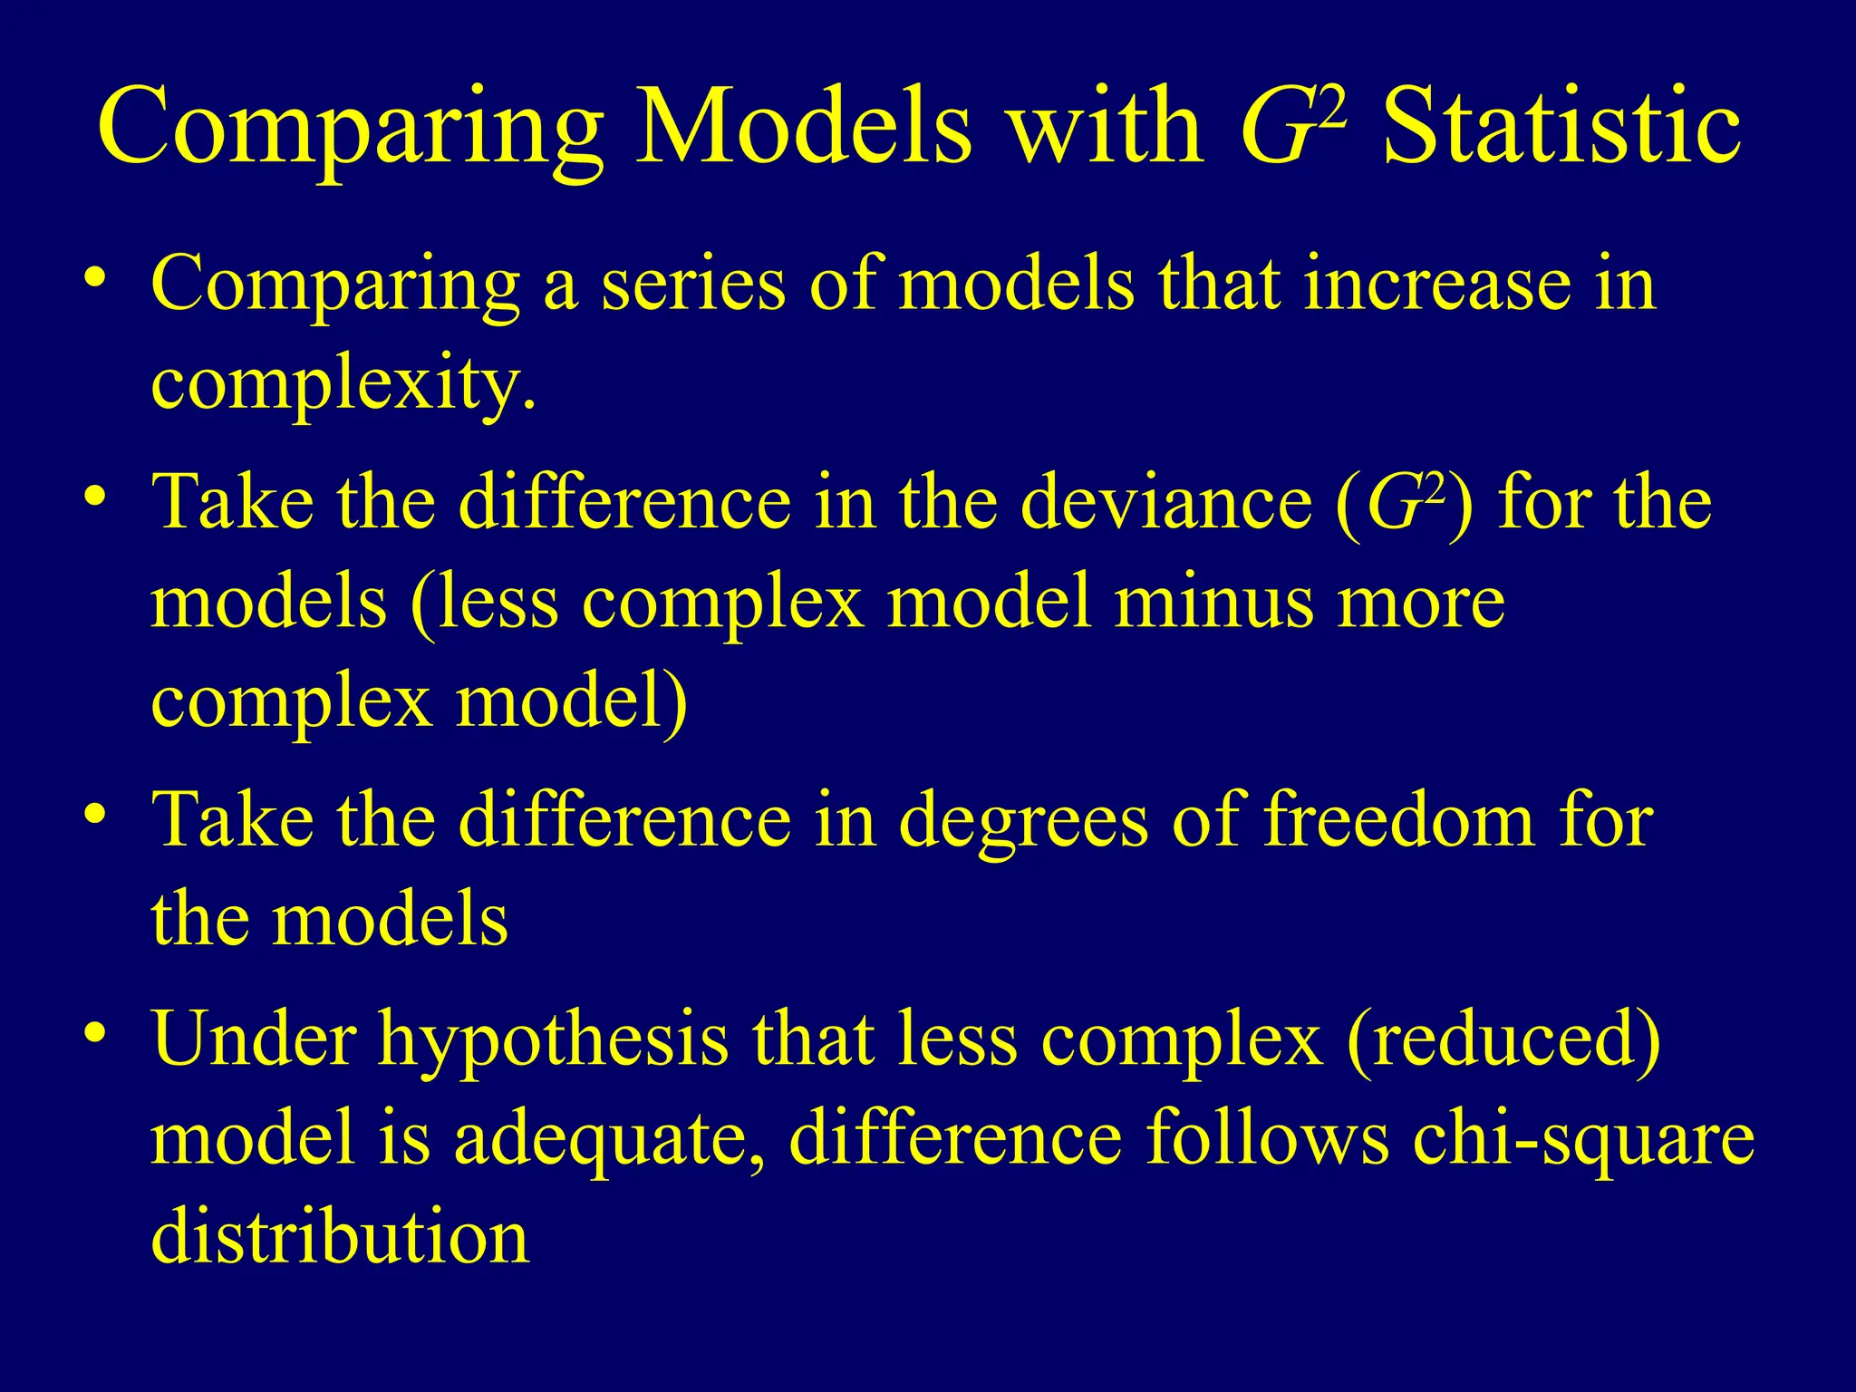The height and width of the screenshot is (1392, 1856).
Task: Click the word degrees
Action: click(x=1023, y=821)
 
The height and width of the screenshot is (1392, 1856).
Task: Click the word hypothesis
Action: click(x=553, y=1040)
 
